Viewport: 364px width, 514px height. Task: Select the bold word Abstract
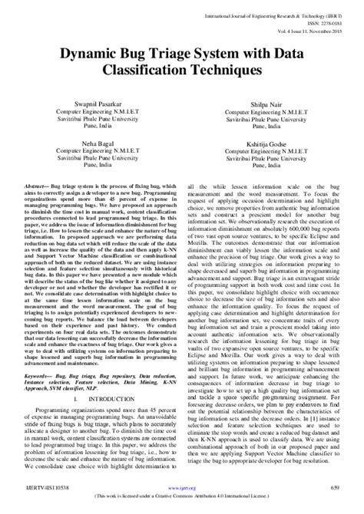[x=36, y=186]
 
